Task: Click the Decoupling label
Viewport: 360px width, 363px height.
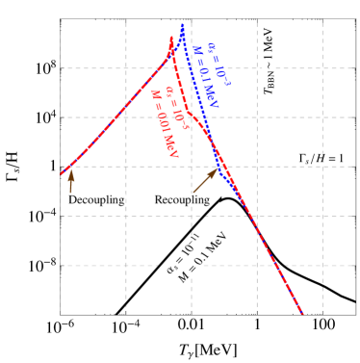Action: [97, 199]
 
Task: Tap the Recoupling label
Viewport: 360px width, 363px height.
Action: [183, 199]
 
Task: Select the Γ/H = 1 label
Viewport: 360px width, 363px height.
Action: [321, 158]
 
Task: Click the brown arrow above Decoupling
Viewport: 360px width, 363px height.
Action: [70, 180]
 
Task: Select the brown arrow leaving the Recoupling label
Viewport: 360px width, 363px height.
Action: [205, 182]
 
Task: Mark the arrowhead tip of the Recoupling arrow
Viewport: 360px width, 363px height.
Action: [219, 169]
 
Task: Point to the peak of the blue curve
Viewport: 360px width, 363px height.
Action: [182, 24]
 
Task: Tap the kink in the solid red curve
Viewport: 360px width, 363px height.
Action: [190, 114]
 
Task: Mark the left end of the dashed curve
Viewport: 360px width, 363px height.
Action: [62, 174]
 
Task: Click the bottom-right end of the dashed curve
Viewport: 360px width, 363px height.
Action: [302, 313]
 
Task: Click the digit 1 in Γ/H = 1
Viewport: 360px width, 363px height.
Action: [341, 158]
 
